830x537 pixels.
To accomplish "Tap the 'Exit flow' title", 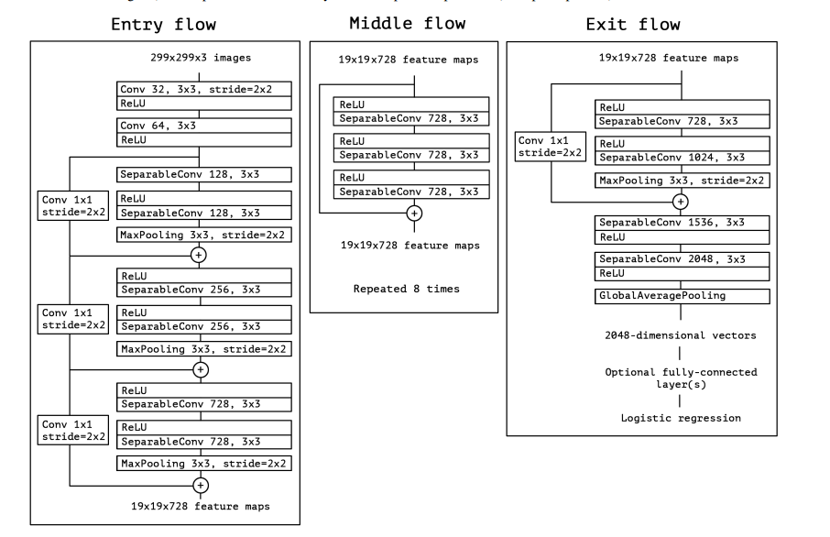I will point(655,25).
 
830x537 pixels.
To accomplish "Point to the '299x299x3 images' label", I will point(203,58).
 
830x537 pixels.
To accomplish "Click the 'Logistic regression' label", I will point(681,417).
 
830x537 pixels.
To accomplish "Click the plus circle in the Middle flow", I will point(414,213).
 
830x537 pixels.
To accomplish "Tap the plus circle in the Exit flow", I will point(681,201).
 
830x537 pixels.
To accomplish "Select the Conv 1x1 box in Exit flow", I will point(545,148).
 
